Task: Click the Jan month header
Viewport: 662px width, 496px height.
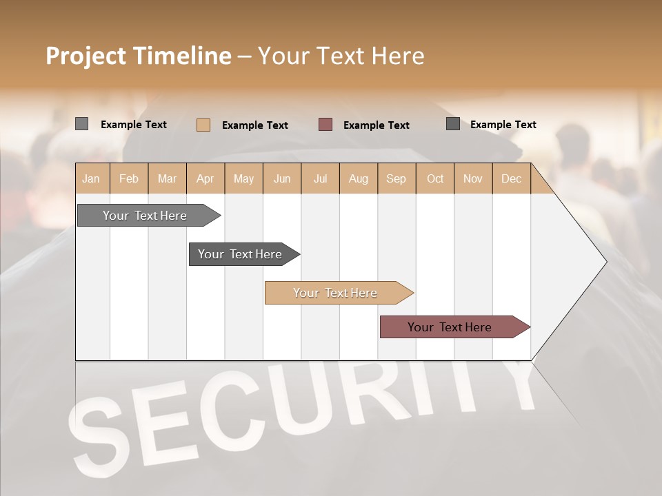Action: click(91, 179)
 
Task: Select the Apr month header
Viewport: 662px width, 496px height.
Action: click(205, 179)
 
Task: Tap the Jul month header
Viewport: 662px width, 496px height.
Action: click(320, 179)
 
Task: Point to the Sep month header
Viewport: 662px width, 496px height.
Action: click(396, 179)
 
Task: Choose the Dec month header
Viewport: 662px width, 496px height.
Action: click(511, 179)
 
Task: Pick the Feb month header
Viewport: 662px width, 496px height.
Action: click(129, 179)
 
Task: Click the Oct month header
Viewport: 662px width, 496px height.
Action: click(435, 179)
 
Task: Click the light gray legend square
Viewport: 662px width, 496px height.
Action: click(81, 124)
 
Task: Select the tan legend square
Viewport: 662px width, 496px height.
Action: click(203, 125)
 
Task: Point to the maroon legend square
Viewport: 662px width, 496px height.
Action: click(325, 124)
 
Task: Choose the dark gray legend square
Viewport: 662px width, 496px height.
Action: click(453, 124)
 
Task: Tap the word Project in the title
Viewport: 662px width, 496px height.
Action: click(86, 56)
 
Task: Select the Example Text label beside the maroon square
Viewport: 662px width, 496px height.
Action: click(376, 125)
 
